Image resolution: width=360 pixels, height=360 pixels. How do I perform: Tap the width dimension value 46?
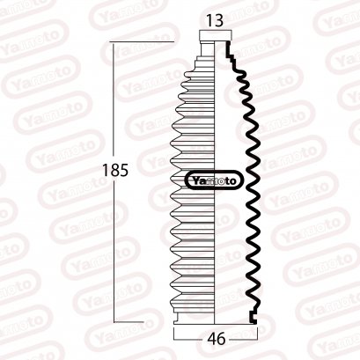click(x=215, y=337)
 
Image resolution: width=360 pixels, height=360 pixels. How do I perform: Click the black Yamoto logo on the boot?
click(x=214, y=181)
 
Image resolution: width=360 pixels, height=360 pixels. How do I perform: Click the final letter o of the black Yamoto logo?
click(x=235, y=181)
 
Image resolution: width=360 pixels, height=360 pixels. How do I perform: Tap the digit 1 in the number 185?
click(x=100, y=170)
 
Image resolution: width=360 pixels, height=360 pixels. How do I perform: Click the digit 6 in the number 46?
click(x=220, y=337)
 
